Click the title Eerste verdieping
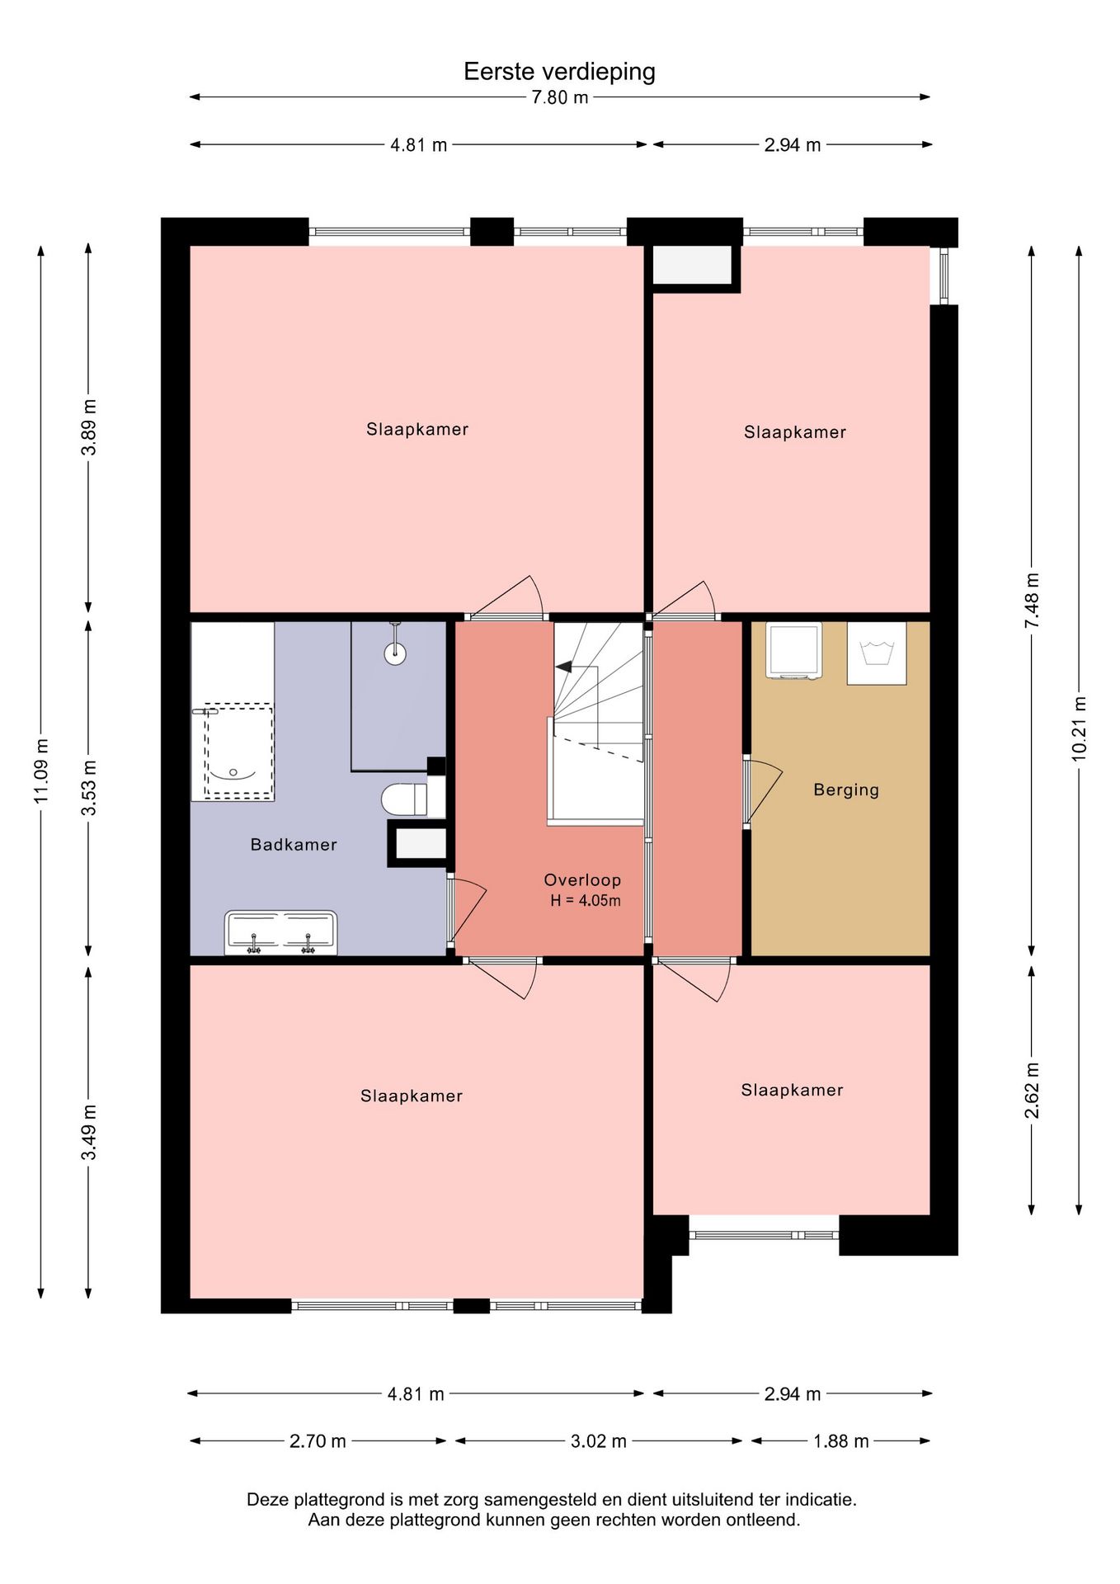tap(559, 72)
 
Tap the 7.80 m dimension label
tap(560, 97)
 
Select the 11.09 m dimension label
tap(41, 771)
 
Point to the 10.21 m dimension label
tap(1079, 728)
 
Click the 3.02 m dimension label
tap(599, 1441)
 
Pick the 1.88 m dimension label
tap(841, 1441)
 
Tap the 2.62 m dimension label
tap(1032, 1091)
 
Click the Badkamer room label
tap(294, 845)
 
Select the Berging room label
tap(846, 790)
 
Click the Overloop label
tap(582, 880)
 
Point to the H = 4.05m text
tap(586, 901)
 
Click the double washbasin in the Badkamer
tap(281, 933)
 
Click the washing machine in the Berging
tap(793, 651)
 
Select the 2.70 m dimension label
tap(318, 1441)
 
